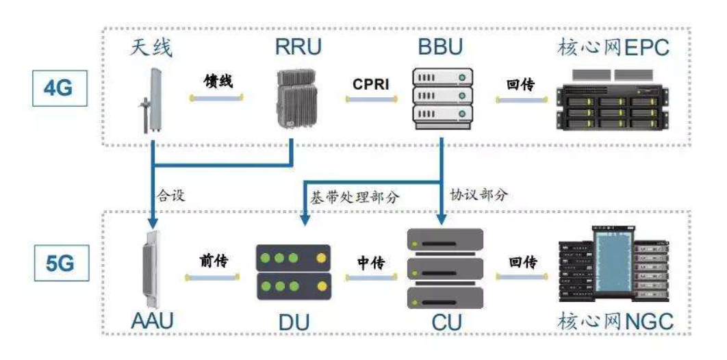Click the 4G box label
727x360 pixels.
point(59,88)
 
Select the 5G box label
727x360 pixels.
point(59,265)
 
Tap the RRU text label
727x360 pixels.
point(298,48)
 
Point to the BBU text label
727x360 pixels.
point(440,48)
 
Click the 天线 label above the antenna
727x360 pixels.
point(151,48)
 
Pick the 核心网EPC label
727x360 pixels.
point(614,48)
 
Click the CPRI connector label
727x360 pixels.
point(371,84)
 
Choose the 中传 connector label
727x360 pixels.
point(371,263)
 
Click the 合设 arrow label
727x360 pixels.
point(171,194)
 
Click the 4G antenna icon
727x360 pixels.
point(151,100)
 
